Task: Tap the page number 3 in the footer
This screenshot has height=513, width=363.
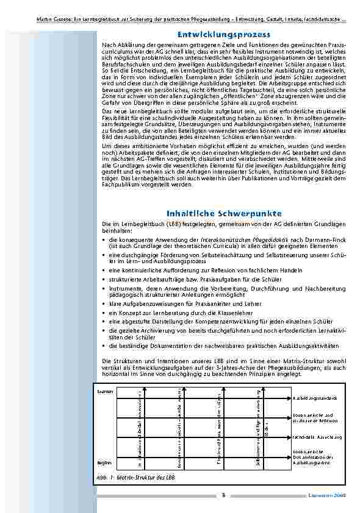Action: (224, 495)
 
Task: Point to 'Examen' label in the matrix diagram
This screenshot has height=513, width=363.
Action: (105, 391)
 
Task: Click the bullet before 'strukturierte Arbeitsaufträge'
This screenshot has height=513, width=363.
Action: (104, 277)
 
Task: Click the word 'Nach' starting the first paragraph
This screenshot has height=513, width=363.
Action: (109, 45)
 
